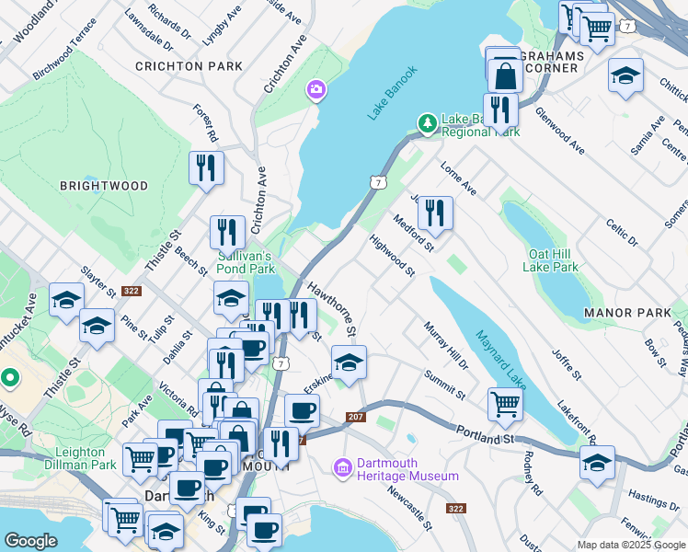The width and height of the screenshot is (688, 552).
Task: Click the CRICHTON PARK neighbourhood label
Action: (189, 66)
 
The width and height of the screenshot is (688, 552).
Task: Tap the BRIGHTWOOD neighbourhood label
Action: (103, 186)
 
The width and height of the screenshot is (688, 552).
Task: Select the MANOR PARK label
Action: (627, 314)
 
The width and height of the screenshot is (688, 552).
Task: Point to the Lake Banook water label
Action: (393, 92)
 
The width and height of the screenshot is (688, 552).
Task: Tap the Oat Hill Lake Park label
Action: (551, 260)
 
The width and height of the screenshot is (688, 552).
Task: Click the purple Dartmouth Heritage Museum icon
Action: (343, 469)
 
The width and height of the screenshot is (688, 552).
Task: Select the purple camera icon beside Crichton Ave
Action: (315, 89)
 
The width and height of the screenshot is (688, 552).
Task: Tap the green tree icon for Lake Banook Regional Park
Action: (427, 122)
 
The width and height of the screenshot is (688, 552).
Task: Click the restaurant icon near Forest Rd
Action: (205, 167)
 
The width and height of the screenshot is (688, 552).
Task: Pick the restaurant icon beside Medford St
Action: (435, 213)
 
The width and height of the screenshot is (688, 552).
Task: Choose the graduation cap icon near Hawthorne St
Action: (349, 362)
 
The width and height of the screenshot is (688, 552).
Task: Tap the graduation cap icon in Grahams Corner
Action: (625, 75)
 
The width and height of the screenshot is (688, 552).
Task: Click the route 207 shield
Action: (356, 418)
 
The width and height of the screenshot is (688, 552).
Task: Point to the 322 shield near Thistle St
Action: (132, 290)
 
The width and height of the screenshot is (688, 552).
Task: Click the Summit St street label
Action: (444, 385)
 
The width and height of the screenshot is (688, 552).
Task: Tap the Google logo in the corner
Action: (30, 541)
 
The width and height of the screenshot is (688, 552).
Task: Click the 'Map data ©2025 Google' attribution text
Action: (630, 545)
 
